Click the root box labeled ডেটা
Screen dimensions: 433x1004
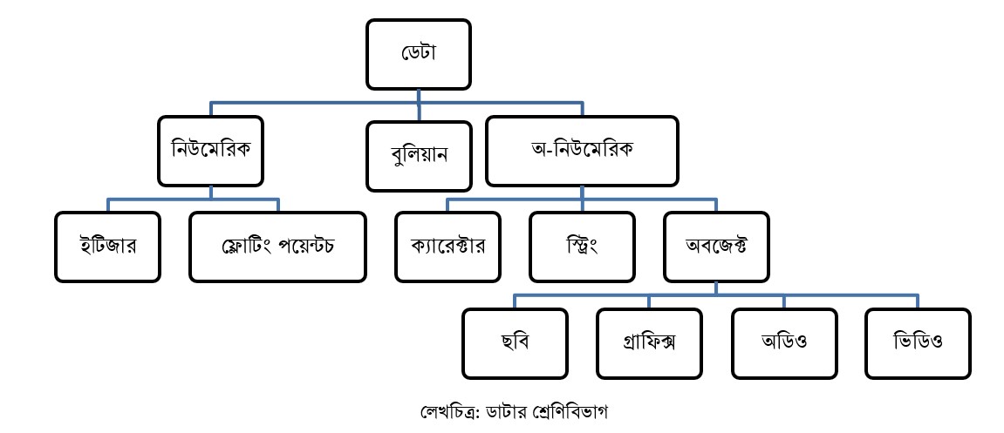[x=419, y=54]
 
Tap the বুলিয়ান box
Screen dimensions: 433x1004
[x=419, y=157]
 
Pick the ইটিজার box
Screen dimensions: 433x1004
[x=107, y=245]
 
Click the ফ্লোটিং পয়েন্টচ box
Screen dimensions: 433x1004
[x=277, y=245]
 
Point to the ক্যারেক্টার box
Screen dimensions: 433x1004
[x=447, y=245]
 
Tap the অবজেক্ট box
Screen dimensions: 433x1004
[x=716, y=245]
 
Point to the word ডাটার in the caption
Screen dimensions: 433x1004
[x=509, y=409]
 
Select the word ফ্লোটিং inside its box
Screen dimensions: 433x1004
[x=246, y=245]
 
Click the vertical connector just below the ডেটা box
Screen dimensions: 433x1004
[x=419, y=97]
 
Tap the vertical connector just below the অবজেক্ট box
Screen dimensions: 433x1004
[x=716, y=288]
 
